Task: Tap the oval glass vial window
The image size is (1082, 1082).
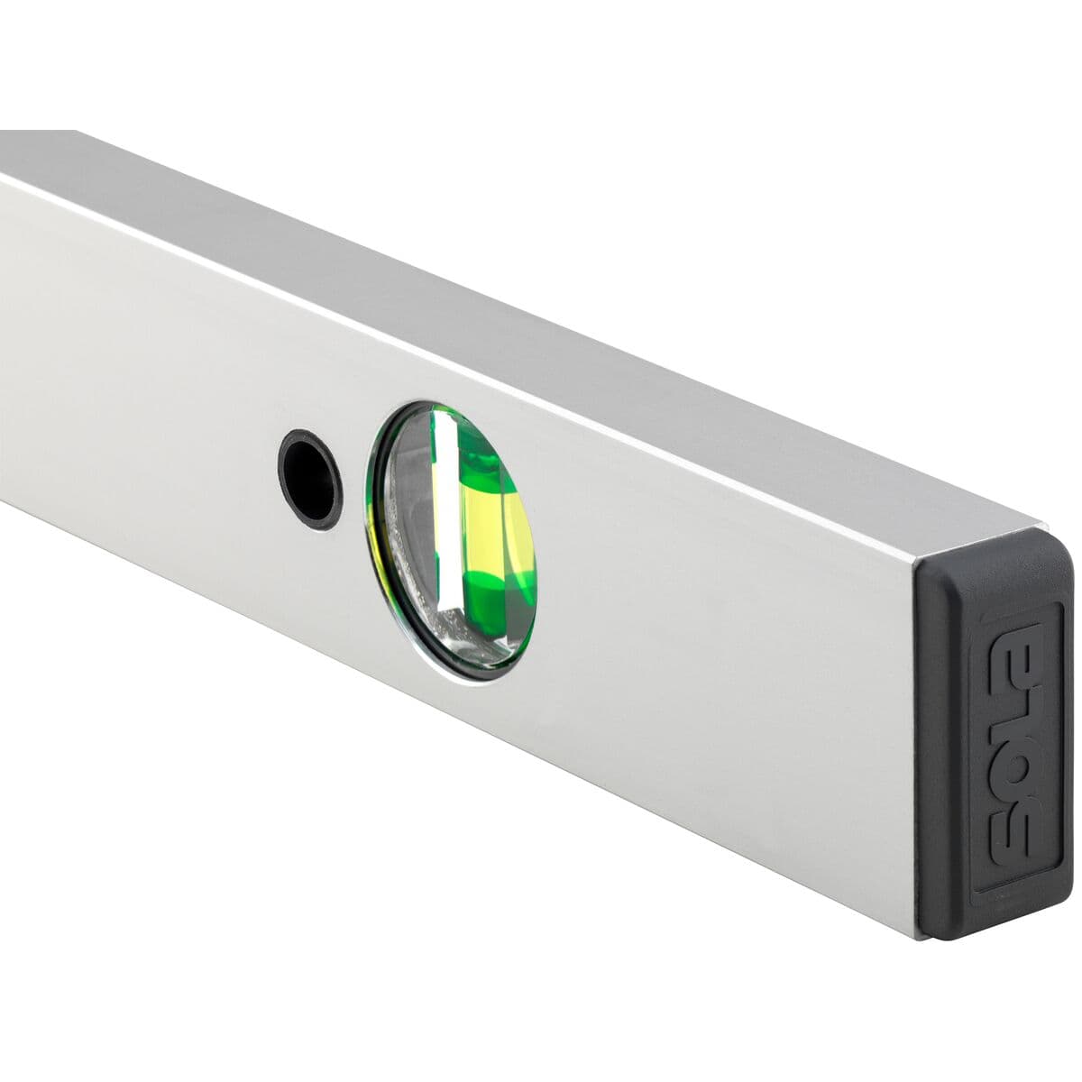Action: pyautogui.click(x=451, y=538)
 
